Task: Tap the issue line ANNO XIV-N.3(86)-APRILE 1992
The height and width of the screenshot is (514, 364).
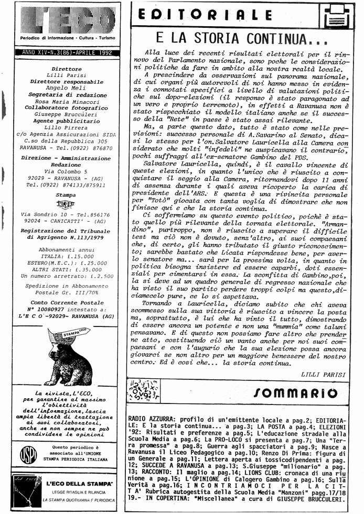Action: tap(65, 52)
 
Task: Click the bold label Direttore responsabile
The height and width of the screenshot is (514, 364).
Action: tap(67, 82)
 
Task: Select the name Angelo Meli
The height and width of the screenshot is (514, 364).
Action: tap(67, 88)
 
